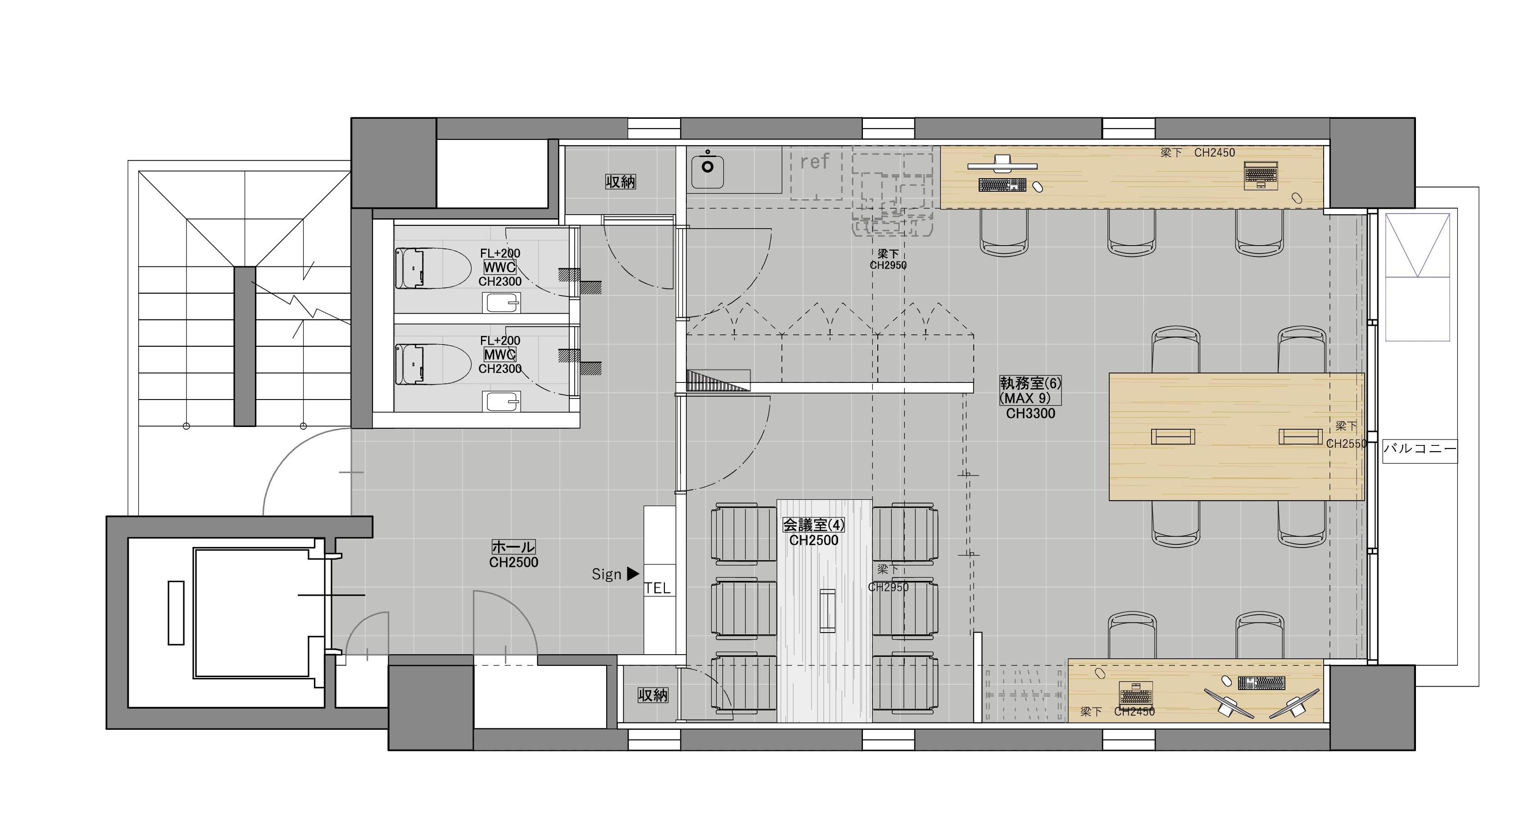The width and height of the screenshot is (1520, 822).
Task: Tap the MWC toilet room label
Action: [x=499, y=355]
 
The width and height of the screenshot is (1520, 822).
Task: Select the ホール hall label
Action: [x=513, y=547]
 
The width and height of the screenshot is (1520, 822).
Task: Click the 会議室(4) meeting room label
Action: [x=814, y=524]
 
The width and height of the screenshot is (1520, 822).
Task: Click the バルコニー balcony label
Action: [x=1420, y=449]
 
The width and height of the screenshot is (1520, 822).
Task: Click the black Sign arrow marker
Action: [x=633, y=573]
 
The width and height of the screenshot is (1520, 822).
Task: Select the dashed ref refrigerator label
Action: [x=815, y=161]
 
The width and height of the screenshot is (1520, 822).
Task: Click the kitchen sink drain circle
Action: [x=707, y=166]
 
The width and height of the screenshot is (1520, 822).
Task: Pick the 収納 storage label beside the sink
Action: [x=621, y=182]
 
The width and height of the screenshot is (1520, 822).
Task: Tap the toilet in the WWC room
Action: [x=432, y=268]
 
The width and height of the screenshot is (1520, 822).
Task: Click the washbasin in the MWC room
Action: [x=502, y=402]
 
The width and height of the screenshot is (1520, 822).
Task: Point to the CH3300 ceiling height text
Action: [x=1030, y=413]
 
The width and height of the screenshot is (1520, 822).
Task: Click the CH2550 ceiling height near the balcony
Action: [x=1347, y=444]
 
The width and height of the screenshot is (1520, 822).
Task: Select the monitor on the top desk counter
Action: [x=1003, y=163]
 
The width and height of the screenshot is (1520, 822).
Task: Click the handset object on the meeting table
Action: [x=827, y=610]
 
